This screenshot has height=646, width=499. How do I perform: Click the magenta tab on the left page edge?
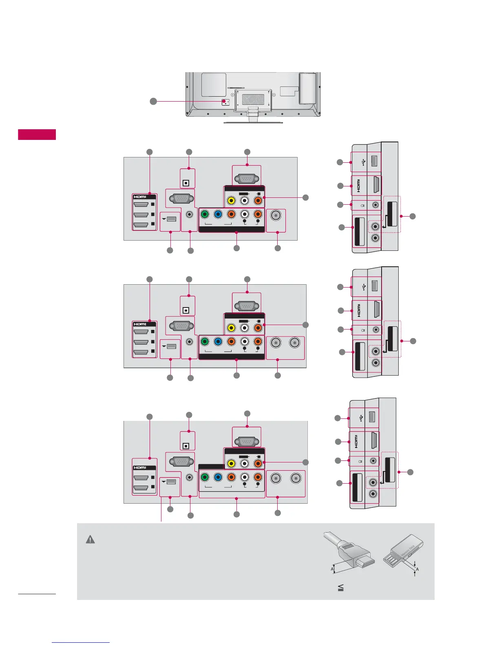click(x=37, y=134)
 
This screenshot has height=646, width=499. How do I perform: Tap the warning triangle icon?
click(x=90, y=540)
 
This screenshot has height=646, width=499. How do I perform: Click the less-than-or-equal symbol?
click(x=341, y=588)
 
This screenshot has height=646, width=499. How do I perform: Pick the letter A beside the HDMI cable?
click(x=332, y=569)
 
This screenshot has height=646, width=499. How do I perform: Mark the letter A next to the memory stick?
click(x=417, y=569)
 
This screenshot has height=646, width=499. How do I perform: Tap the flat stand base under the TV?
click(x=253, y=122)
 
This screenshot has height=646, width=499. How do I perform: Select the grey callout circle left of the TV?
click(x=153, y=101)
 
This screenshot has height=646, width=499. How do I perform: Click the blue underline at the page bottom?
click(x=81, y=642)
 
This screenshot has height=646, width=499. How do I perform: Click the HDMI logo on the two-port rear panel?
click(x=140, y=467)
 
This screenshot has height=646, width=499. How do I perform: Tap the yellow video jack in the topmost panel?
click(x=231, y=201)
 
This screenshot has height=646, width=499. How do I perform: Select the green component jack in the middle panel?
click(x=205, y=341)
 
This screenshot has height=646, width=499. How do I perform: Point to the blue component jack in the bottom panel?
click(x=218, y=477)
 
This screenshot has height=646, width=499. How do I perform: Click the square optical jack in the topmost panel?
click(x=186, y=183)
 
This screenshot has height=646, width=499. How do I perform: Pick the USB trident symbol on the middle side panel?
click(x=363, y=287)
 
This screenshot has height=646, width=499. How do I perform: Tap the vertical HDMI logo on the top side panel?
click(x=359, y=186)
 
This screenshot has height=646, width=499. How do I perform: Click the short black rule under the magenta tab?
click(x=37, y=594)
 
